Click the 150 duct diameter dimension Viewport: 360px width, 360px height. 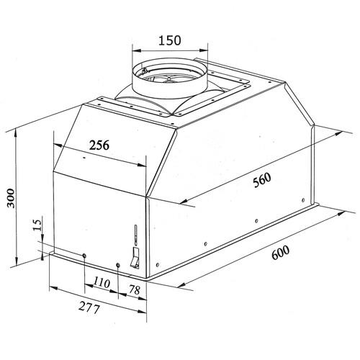click(x=170, y=40)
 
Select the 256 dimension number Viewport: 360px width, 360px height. click(x=99, y=145)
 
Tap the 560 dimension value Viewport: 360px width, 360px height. click(x=262, y=180)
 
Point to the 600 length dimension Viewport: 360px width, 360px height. click(x=280, y=253)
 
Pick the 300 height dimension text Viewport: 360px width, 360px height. click(x=11, y=198)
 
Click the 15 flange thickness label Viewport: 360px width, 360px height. click(x=37, y=225)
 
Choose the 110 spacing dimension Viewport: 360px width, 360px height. click(x=102, y=282)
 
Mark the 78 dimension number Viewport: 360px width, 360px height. click(x=135, y=290)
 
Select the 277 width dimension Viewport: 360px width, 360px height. click(x=89, y=307)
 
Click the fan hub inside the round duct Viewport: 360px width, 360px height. click(x=169, y=78)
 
